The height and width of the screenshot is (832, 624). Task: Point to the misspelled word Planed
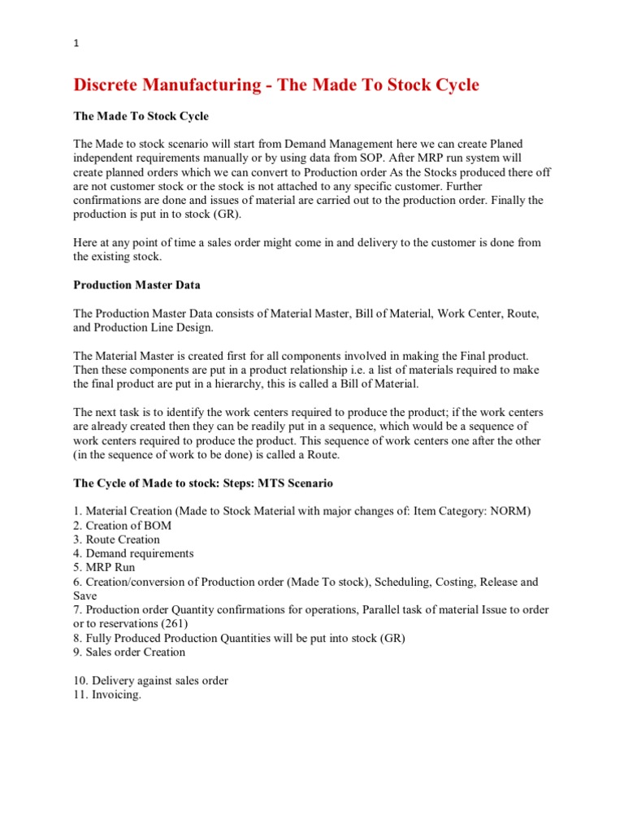(x=494, y=144)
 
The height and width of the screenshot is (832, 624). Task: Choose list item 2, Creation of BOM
(x=122, y=526)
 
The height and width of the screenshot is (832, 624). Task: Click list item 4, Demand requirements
(x=133, y=553)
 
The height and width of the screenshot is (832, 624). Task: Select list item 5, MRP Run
(x=104, y=567)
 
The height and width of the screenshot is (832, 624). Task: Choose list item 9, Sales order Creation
(x=129, y=652)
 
